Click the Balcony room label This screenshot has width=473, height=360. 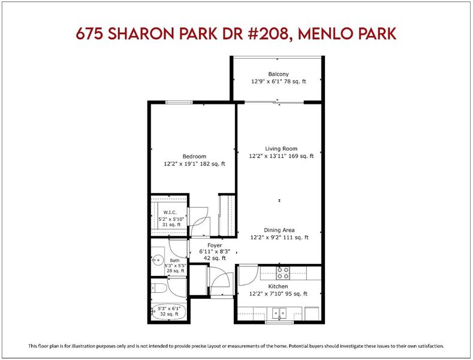point(278,74)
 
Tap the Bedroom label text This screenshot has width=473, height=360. point(194,157)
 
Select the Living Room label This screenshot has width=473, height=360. point(281,149)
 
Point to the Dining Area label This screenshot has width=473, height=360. point(279,230)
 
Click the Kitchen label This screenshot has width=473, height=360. point(278,286)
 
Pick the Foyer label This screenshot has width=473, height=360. point(215,245)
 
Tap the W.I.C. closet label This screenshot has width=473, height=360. point(170,212)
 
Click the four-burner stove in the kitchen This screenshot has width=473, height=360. point(283,273)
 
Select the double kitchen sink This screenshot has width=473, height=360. point(279,313)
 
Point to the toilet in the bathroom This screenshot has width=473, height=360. point(159,288)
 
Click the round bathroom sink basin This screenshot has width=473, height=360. point(158,260)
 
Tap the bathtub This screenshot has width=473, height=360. point(168,311)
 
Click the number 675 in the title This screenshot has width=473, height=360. point(89,34)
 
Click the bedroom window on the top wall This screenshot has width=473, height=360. point(179,103)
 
